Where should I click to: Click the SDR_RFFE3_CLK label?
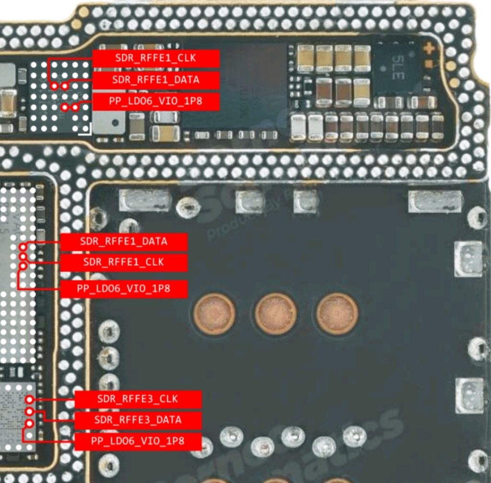tap(138, 399)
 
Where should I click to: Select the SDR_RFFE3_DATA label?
tap(138, 420)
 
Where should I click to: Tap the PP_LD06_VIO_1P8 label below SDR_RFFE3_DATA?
tap(138, 441)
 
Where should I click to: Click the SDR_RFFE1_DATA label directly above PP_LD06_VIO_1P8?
tap(155, 80)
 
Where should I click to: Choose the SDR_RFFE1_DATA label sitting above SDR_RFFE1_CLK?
tap(123, 241)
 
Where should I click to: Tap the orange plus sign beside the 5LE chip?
tap(429, 48)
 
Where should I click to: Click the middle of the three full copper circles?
tap(275, 314)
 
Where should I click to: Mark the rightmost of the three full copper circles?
tap(337, 314)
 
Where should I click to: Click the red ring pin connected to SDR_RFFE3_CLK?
tap(30, 399)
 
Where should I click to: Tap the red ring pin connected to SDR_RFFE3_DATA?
tap(30, 412)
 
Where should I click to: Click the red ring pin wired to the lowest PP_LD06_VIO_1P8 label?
tap(30, 424)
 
